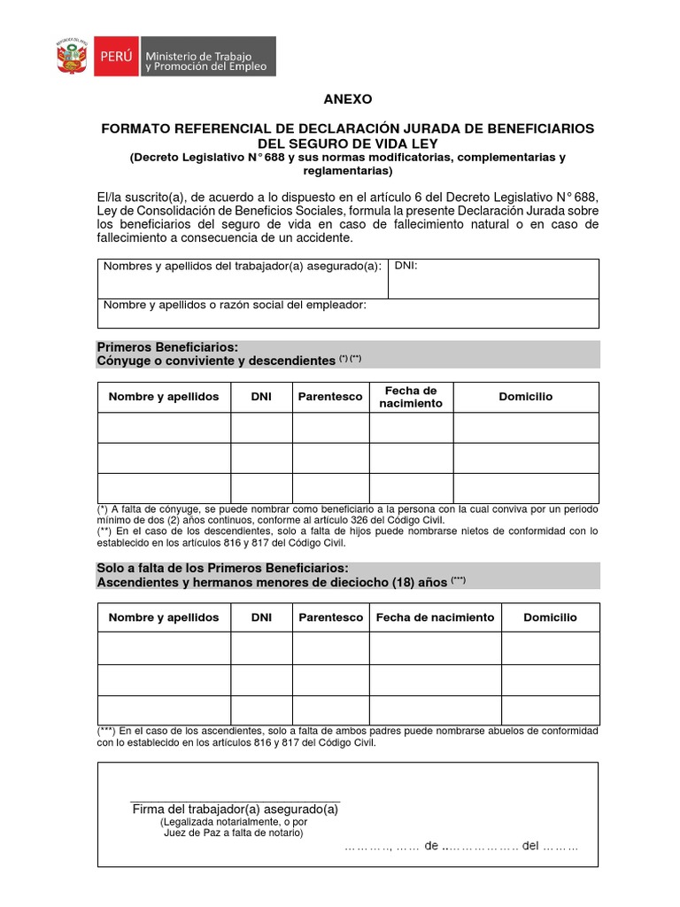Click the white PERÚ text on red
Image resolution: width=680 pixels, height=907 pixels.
click(x=116, y=56)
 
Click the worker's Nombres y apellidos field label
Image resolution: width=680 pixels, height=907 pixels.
click(x=243, y=266)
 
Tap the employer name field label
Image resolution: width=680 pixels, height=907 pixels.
click(x=235, y=305)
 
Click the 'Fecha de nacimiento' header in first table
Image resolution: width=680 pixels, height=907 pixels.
click(x=410, y=397)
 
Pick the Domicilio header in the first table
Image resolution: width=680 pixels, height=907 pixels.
click(x=525, y=397)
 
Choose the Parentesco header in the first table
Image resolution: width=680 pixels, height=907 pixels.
click(x=330, y=397)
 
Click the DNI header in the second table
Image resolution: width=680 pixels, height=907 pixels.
click(x=261, y=617)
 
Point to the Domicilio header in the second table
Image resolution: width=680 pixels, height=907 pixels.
click(x=550, y=617)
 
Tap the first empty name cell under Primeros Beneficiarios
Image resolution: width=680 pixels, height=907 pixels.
click(x=164, y=428)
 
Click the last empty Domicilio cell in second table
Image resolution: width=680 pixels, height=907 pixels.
click(x=550, y=709)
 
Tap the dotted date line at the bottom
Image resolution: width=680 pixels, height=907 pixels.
click(x=461, y=846)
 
